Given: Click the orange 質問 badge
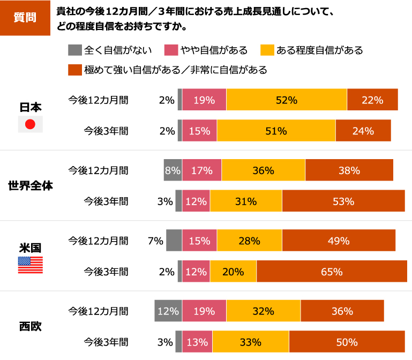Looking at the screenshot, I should tap(25, 17).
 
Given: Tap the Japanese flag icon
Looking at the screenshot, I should tap(30, 124).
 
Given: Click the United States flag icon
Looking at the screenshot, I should tap(30, 265).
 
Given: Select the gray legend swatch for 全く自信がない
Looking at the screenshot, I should tap(74, 51).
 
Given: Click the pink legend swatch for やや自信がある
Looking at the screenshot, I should tap(171, 51).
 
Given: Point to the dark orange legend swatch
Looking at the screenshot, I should tap(74, 70).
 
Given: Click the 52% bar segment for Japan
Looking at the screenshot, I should tap(287, 100).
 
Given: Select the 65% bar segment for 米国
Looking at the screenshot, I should tap(332, 272).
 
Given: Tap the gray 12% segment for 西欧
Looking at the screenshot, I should tap(168, 311).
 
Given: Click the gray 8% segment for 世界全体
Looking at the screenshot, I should tap(173, 170).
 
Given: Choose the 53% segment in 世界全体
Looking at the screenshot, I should tap(343, 201).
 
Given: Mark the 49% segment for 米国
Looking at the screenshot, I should tap(338, 241).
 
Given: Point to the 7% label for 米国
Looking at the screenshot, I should tap(155, 241).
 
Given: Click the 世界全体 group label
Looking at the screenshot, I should tap(30, 186).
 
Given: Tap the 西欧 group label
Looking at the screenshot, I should tap(30, 326).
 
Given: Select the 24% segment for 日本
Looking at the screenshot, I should tap(363, 131).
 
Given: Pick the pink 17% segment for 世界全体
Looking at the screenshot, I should tap(201, 170).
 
